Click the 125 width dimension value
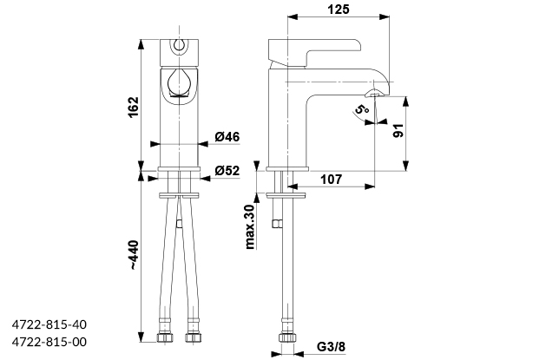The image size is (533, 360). pos(339,10)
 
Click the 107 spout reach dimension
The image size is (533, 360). pos(329,180)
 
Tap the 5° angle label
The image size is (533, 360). pos(360,110)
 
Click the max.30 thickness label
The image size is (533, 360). pos(250,226)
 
